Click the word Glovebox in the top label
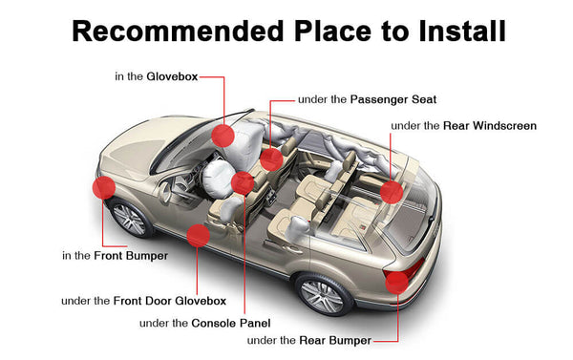[x=171, y=76]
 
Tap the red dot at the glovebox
[x=223, y=134]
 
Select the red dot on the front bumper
[x=103, y=188]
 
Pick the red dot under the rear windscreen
[x=391, y=192]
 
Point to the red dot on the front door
[x=199, y=235]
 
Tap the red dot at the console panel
[x=243, y=182]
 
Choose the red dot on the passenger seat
[x=272, y=159]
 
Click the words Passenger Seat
[x=393, y=98]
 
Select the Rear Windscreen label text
[x=490, y=125]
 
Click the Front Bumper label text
[x=131, y=255]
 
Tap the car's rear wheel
[x=326, y=294]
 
